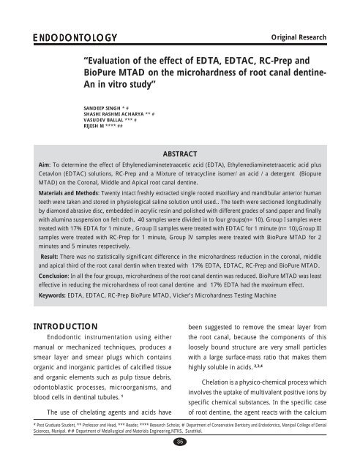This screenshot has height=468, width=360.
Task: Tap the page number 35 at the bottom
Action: [x=179, y=461]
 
